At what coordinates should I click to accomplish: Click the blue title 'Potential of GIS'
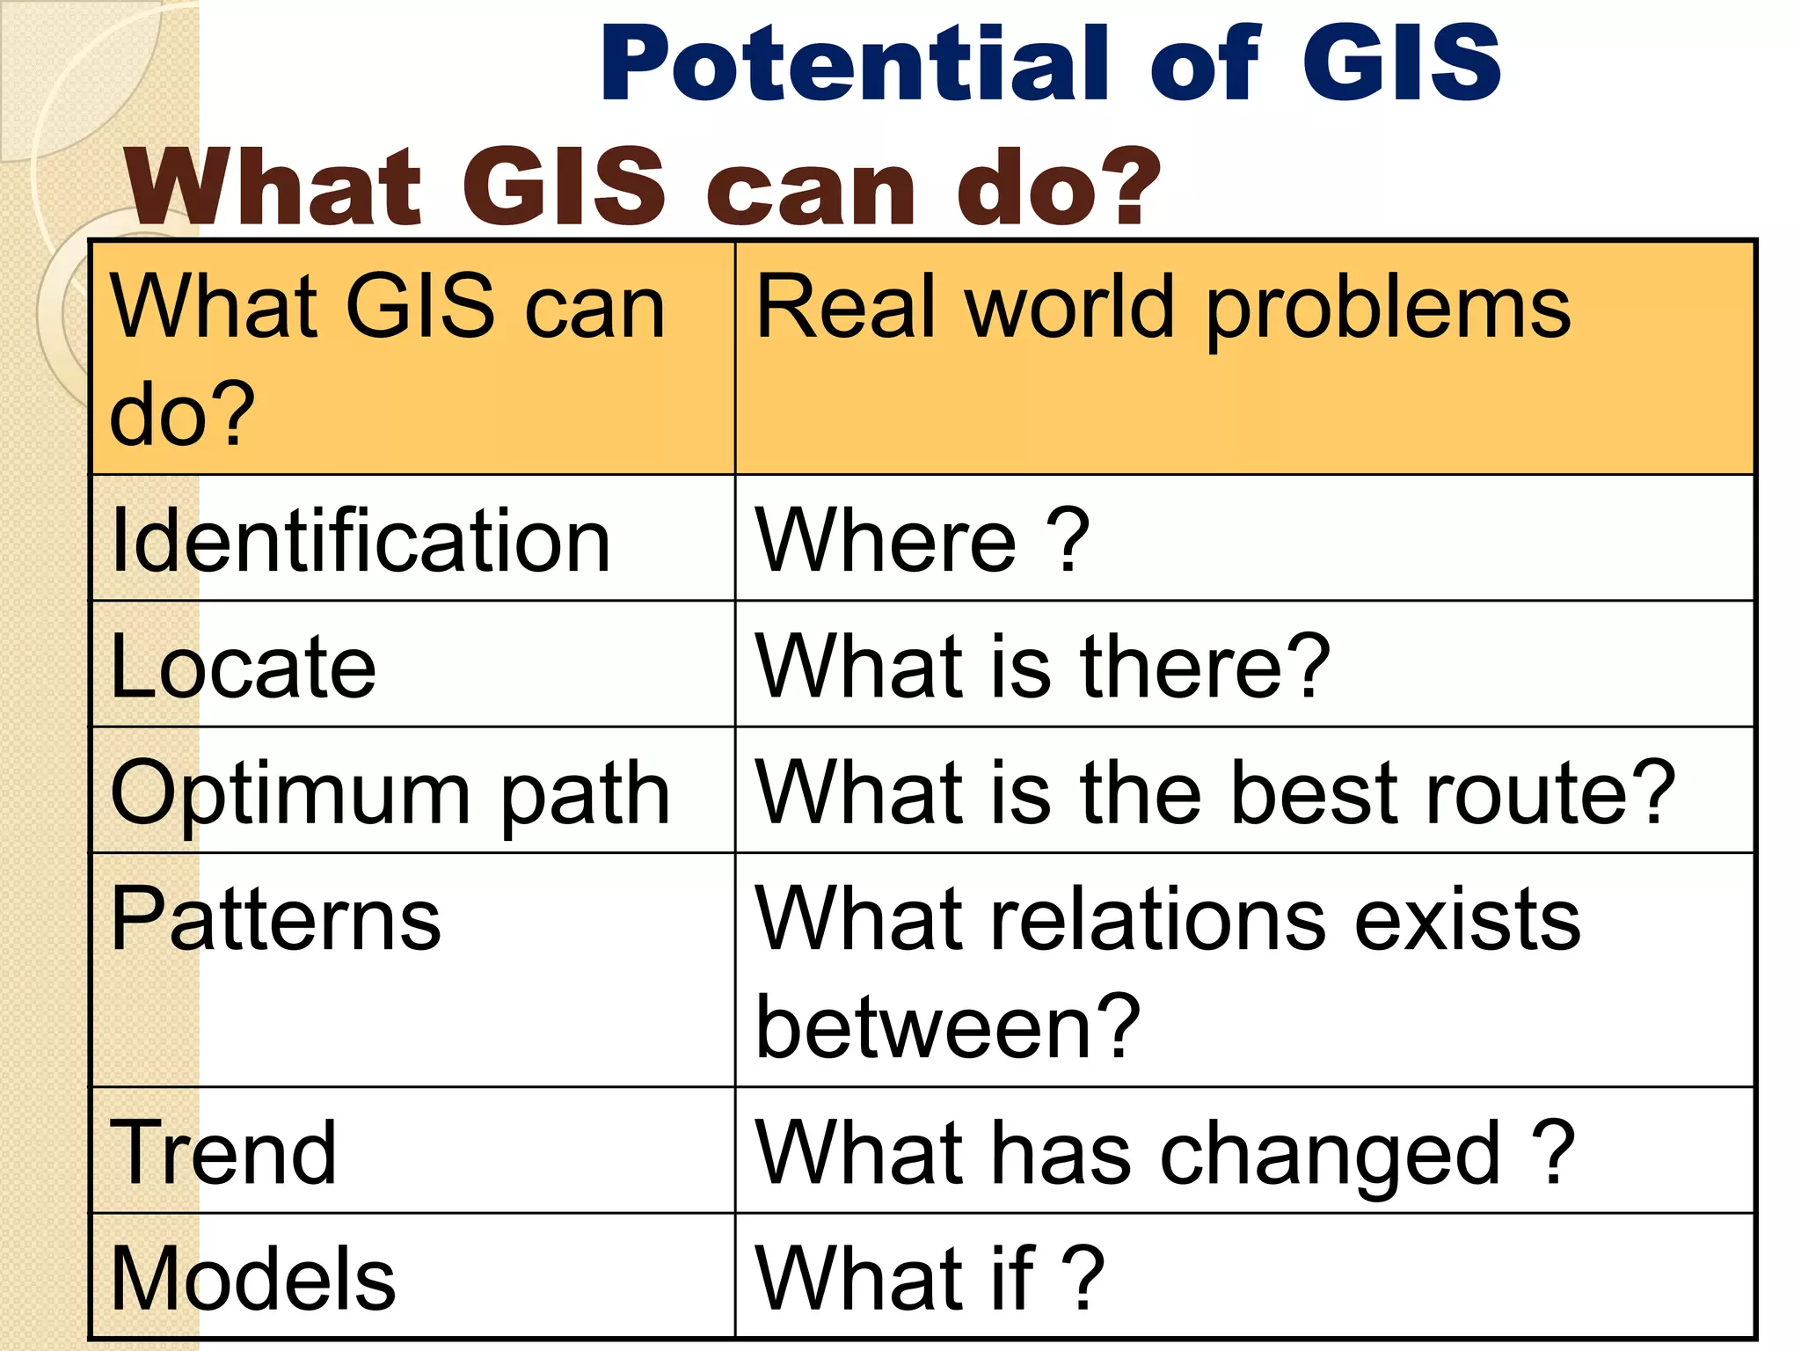tap(1050, 63)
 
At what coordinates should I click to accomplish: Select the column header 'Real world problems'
tap(1163, 308)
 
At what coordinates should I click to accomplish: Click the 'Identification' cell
tap(361, 540)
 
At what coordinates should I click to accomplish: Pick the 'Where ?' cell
tap(922, 540)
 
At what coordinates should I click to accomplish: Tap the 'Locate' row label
tap(244, 667)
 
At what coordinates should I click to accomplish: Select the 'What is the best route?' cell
tap(1215, 792)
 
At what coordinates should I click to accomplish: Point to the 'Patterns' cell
tap(275, 919)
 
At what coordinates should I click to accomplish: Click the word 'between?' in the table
tap(948, 1026)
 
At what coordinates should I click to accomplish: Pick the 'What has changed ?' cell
tap(1165, 1154)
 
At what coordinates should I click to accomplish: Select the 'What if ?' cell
tap(930, 1278)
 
